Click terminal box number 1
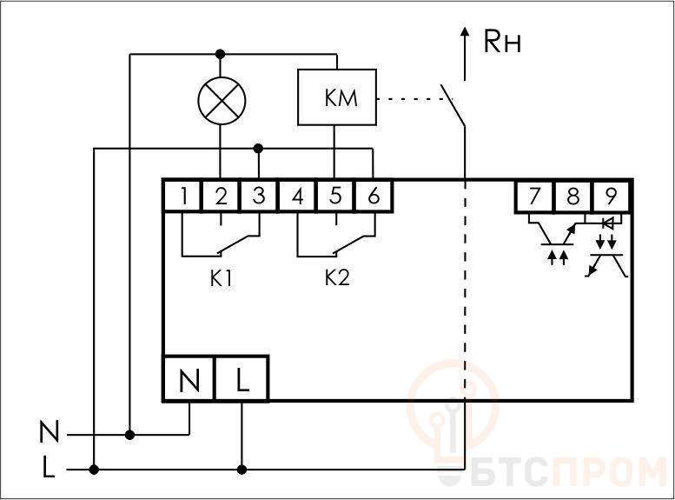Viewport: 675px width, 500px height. point(182,197)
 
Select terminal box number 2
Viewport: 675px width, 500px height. point(221,197)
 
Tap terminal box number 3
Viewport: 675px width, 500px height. point(258,197)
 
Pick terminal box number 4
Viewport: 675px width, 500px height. point(297,197)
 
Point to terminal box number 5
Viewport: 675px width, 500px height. point(335,197)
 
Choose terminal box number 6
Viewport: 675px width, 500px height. point(374,197)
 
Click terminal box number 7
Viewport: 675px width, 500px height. point(534,197)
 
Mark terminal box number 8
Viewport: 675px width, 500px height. point(573,197)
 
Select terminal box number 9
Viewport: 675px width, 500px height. point(612,197)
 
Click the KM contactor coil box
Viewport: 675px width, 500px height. point(337,97)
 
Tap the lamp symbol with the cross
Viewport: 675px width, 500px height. point(222,101)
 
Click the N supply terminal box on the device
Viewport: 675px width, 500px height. point(189,379)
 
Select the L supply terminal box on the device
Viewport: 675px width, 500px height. point(242,379)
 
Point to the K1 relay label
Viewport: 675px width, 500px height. point(221,279)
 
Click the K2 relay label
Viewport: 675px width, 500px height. point(337,278)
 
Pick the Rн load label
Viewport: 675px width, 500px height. point(502,42)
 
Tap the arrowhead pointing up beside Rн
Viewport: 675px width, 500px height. point(465,32)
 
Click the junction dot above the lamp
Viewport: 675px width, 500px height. point(221,54)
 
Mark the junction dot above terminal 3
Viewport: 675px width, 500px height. point(258,149)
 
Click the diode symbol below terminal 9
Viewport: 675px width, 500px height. point(608,223)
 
